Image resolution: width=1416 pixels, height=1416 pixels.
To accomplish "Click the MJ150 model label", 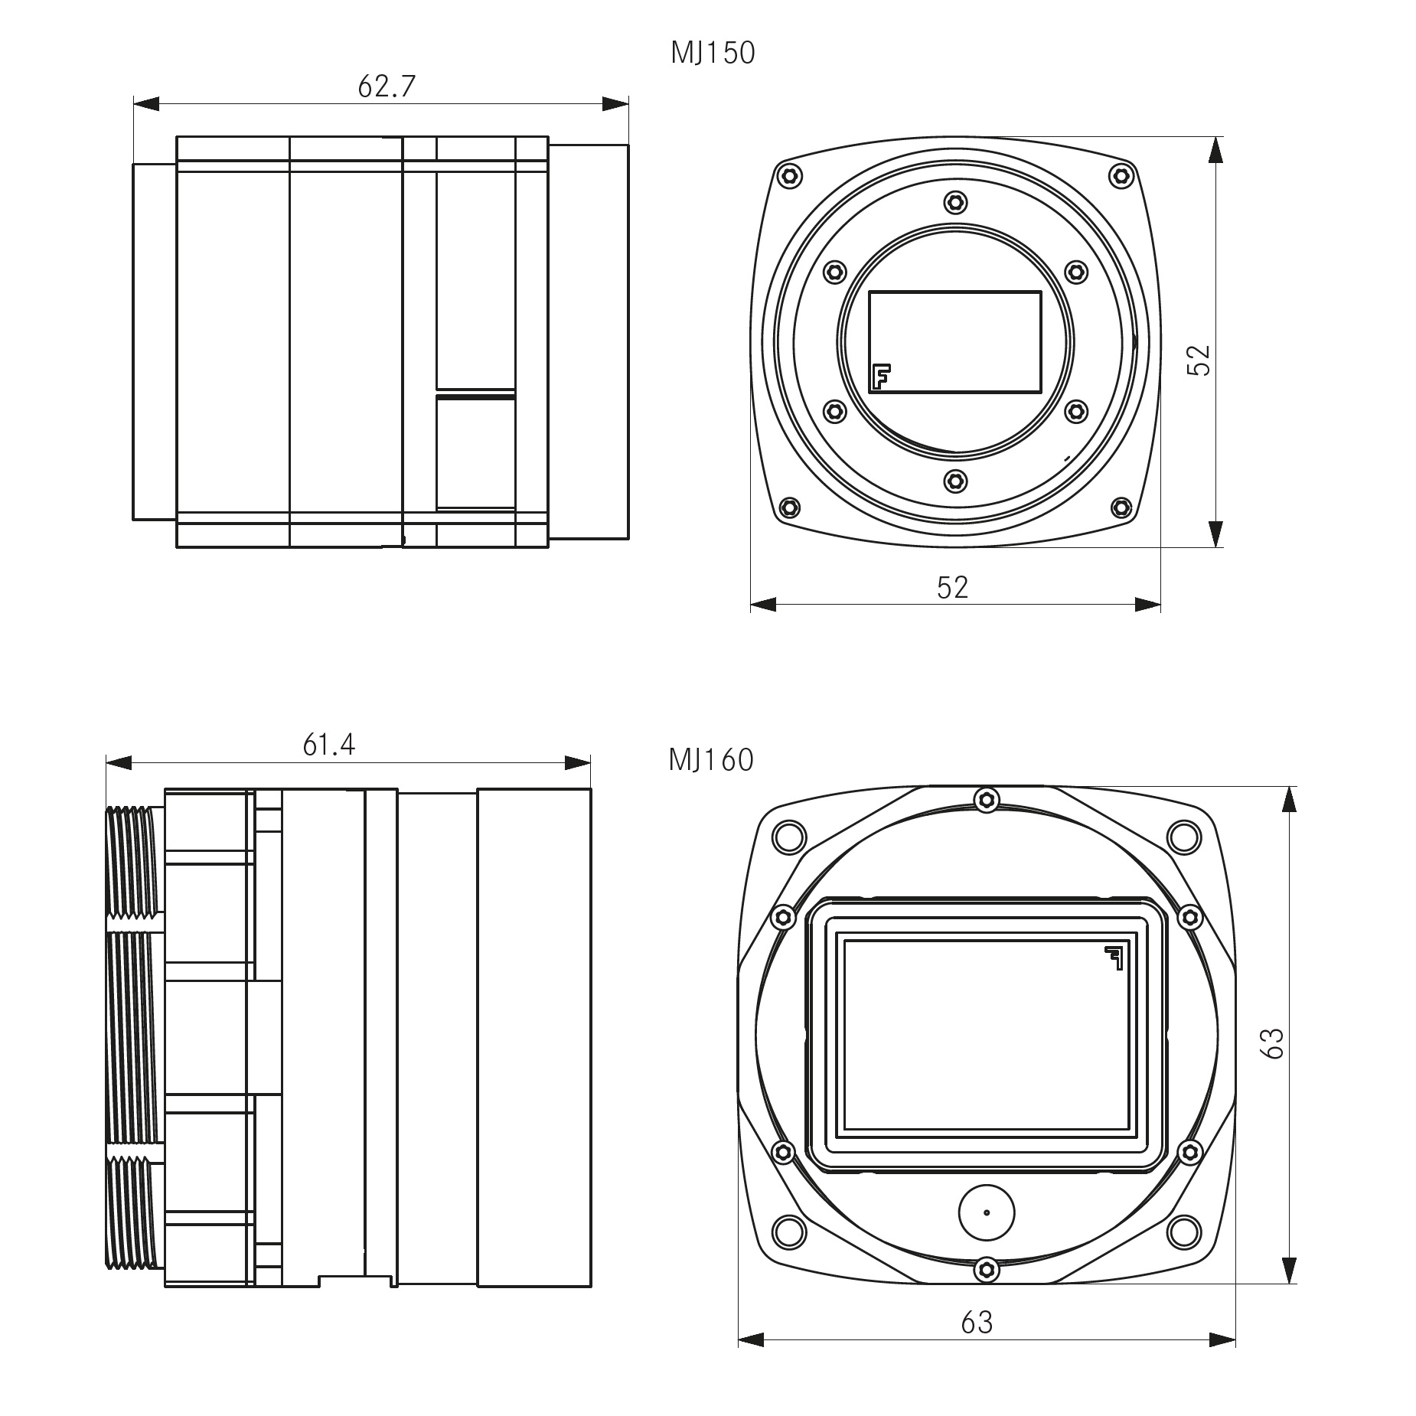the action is (713, 54).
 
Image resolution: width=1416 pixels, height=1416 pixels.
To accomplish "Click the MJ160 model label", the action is (711, 760).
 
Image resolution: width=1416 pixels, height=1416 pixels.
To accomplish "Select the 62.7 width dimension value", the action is (387, 86).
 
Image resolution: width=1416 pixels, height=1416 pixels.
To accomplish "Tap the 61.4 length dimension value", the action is (329, 745).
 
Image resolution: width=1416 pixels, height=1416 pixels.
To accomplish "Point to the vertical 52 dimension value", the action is (1199, 360).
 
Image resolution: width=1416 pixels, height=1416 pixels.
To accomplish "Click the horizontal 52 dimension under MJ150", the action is (953, 587).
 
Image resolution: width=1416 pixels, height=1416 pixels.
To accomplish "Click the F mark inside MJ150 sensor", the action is (881, 377).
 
